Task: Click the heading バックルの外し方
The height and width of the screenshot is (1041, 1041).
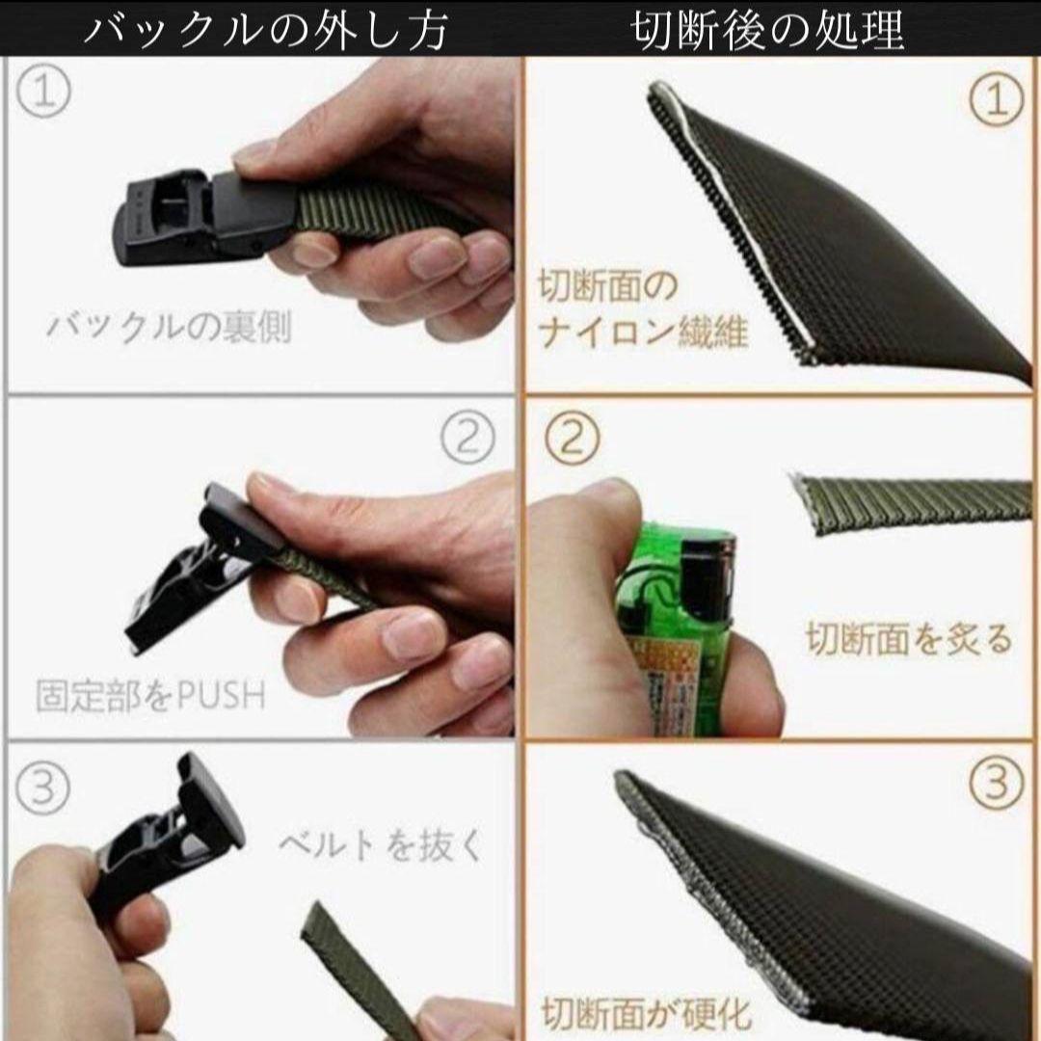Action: point(266,30)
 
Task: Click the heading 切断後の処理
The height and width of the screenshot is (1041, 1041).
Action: point(767,30)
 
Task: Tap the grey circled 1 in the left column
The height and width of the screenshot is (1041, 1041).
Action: point(43,93)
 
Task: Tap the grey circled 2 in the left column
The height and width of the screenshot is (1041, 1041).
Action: point(468,440)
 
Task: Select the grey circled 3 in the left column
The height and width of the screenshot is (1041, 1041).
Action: point(42,788)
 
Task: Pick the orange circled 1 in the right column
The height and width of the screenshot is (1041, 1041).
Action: point(997,100)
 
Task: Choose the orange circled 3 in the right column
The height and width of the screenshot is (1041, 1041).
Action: point(996,783)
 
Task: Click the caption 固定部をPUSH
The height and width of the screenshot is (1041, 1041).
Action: point(150,695)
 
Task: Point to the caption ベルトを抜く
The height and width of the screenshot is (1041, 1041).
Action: point(381,845)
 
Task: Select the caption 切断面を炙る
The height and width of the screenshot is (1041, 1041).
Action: point(909,639)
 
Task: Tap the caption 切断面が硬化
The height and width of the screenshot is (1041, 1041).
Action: point(646,1013)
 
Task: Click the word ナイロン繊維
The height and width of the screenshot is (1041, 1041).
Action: point(643,332)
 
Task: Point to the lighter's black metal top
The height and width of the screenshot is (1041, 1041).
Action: point(707,574)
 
